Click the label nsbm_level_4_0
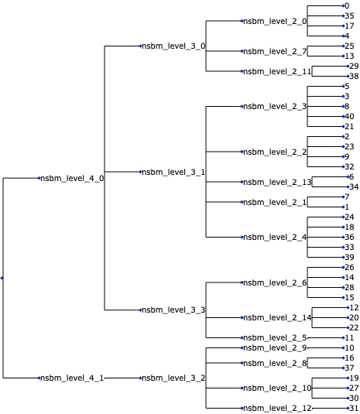click(72, 178)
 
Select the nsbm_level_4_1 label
click(72, 378)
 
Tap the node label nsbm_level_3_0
click(173, 46)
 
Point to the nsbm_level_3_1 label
click(173, 172)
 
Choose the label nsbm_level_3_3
click(173, 310)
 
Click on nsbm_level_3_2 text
click(173, 378)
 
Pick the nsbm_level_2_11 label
click(277, 71)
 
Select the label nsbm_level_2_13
click(277, 183)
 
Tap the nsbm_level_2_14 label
click(277, 317)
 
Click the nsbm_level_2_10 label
click(277, 388)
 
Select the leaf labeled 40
click(350, 116)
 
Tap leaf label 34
click(354, 186)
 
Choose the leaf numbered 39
click(350, 257)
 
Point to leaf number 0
click(348, 5)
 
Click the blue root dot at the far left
click(3, 278)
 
